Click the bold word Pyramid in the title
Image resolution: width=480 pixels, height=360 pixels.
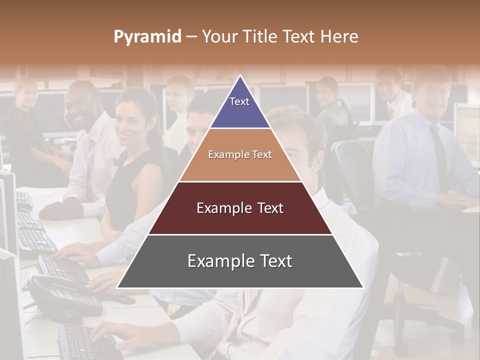pos(147,37)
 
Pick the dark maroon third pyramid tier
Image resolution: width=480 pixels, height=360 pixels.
pos(240,220)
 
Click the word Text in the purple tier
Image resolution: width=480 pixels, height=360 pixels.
pos(239,101)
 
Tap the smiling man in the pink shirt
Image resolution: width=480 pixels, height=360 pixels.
pos(82,110)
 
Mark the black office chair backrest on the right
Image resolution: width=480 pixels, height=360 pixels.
pos(352,170)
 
